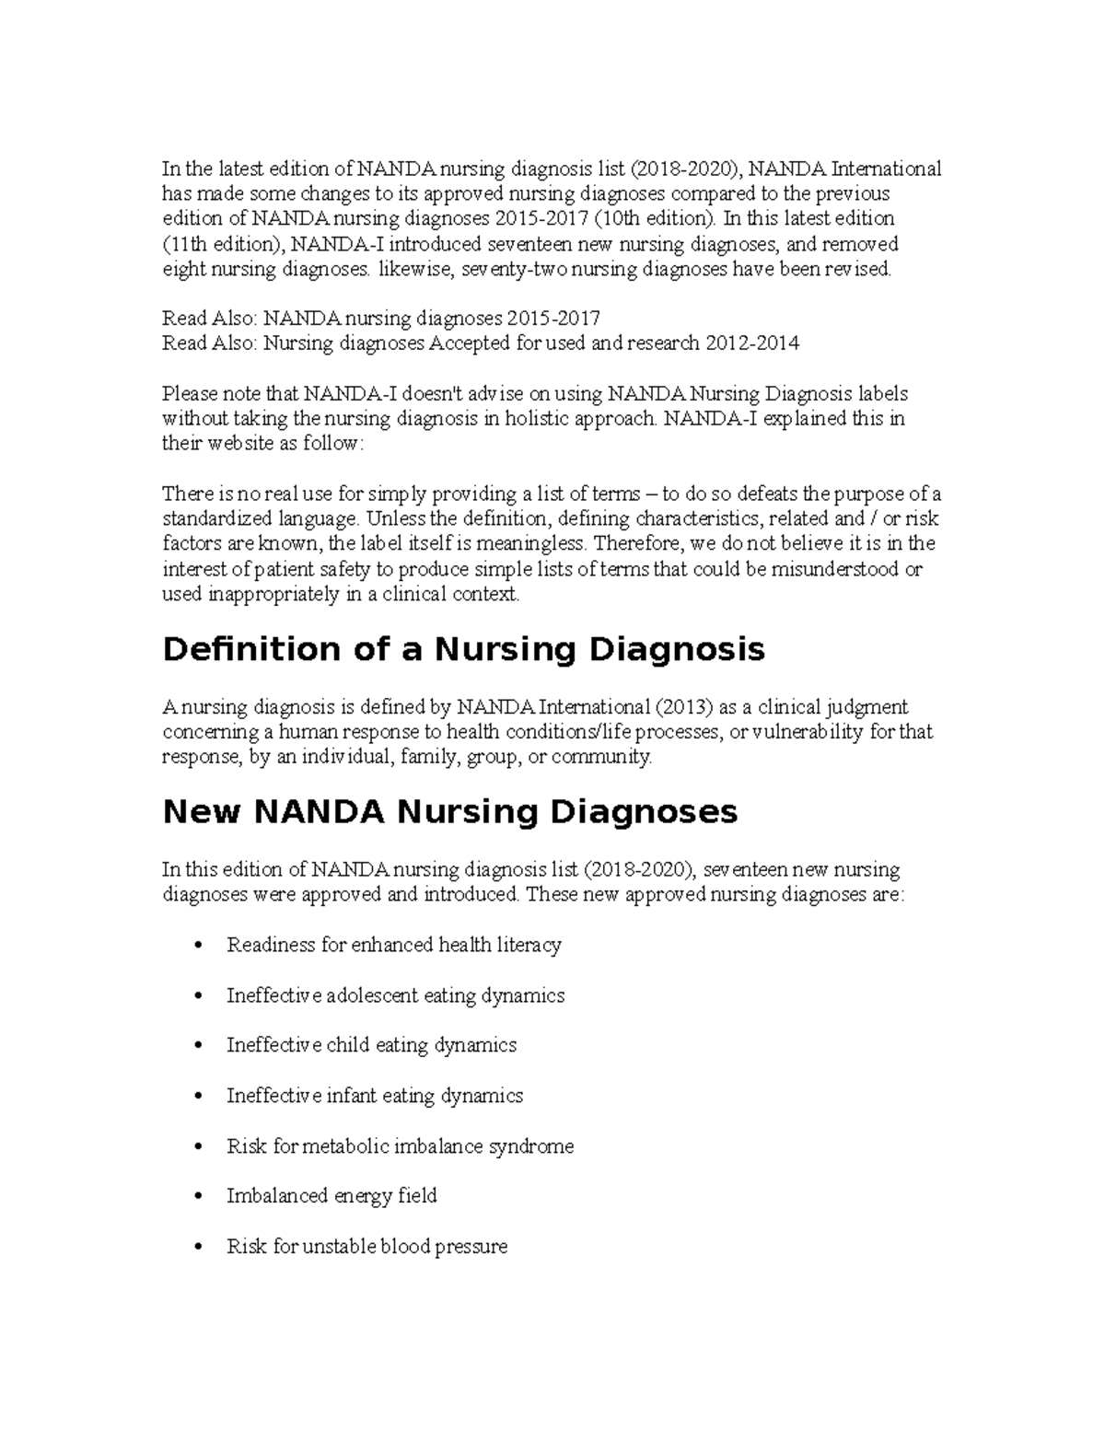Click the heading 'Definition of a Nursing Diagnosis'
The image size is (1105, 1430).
tap(463, 650)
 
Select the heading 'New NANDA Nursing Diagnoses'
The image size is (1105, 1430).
tap(449, 812)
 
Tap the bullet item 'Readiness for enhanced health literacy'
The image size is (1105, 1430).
tap(393, 945)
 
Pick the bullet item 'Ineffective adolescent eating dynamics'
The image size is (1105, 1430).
tap(395, 995)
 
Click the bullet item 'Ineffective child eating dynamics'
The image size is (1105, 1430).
tap(371, 1045)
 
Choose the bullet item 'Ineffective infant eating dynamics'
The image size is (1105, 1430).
tap(374, 1096)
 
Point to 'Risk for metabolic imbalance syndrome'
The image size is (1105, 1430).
tap(400, 1146)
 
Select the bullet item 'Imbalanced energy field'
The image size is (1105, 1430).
tap(331, 1196)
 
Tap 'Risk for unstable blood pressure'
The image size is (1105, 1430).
tap(366, 1247)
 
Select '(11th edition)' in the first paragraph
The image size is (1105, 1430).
tap(221, 244)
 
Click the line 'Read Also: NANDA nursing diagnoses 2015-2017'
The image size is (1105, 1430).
tap(380, 319)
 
